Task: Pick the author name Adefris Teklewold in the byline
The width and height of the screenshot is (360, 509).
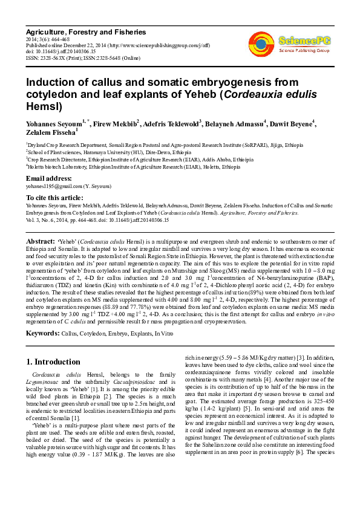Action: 174,124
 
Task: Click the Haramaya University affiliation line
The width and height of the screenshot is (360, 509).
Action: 108,152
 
